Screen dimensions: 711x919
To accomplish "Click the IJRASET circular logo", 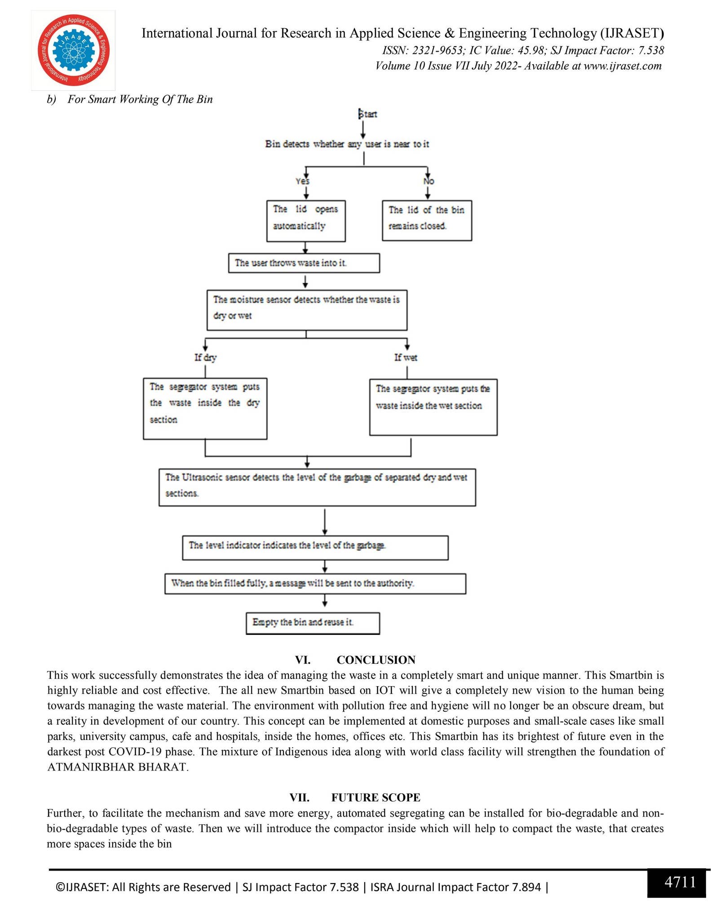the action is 73,50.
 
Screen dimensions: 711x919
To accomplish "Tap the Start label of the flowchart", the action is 368,114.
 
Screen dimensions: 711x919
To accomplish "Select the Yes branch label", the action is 302,181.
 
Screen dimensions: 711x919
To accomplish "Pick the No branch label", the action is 428,181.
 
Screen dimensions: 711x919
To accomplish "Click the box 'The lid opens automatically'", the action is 306,221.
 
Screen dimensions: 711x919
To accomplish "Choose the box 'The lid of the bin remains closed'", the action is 427,220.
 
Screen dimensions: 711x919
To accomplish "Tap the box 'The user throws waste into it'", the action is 304,263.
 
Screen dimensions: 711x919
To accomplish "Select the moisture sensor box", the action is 307,310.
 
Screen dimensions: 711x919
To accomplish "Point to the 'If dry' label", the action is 205,358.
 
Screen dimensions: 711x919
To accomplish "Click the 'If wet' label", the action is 406,358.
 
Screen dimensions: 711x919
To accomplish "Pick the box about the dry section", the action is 205,408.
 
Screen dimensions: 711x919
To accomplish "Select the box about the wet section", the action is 433,407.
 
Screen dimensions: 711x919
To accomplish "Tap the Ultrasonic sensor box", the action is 317,487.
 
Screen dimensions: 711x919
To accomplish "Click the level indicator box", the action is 315,547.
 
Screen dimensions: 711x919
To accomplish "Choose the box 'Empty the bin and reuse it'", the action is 313,623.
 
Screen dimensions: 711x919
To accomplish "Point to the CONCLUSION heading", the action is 376,660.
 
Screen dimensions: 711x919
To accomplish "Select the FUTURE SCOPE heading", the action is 376,797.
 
